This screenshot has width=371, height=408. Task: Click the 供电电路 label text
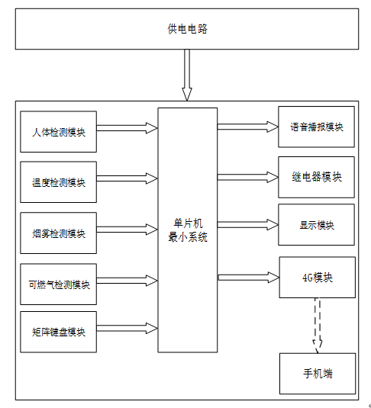click(x=187, y=29)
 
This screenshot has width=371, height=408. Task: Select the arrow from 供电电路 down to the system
click(x=187, y=75)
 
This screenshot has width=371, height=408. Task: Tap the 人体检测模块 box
click(x=58, y=132)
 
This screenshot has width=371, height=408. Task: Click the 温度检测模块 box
click(x=58, y=182)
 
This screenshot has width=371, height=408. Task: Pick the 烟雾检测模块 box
click(x=58, y=233)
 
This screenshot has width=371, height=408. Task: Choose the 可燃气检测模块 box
click(x=58, y=284)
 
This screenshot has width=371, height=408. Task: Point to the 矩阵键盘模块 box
click(x=58, y=332)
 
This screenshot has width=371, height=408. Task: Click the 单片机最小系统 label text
click(x=188, y=230)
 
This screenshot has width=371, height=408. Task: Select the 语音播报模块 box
click(x=316, y=127)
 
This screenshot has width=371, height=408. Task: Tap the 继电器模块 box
click(x=316, y=177)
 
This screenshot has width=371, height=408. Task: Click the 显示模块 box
click(x=316, y=224)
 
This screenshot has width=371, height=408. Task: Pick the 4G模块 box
click(x=318, y=278)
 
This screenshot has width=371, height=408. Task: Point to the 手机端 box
click(x=318, y=374)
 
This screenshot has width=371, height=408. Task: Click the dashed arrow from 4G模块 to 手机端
click(x=318, y=326)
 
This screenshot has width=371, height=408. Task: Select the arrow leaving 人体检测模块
click(x=127, y=128)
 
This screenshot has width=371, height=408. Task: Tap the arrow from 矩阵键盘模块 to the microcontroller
click(x=127, y=329)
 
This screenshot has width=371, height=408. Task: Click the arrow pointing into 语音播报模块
click(x=248, y=127)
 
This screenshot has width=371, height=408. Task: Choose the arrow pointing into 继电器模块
click(x=248, y=177)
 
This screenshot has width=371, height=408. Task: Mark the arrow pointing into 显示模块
click(x=248, y=224)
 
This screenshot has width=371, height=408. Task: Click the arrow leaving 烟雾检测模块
click(x=127, y=230)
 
